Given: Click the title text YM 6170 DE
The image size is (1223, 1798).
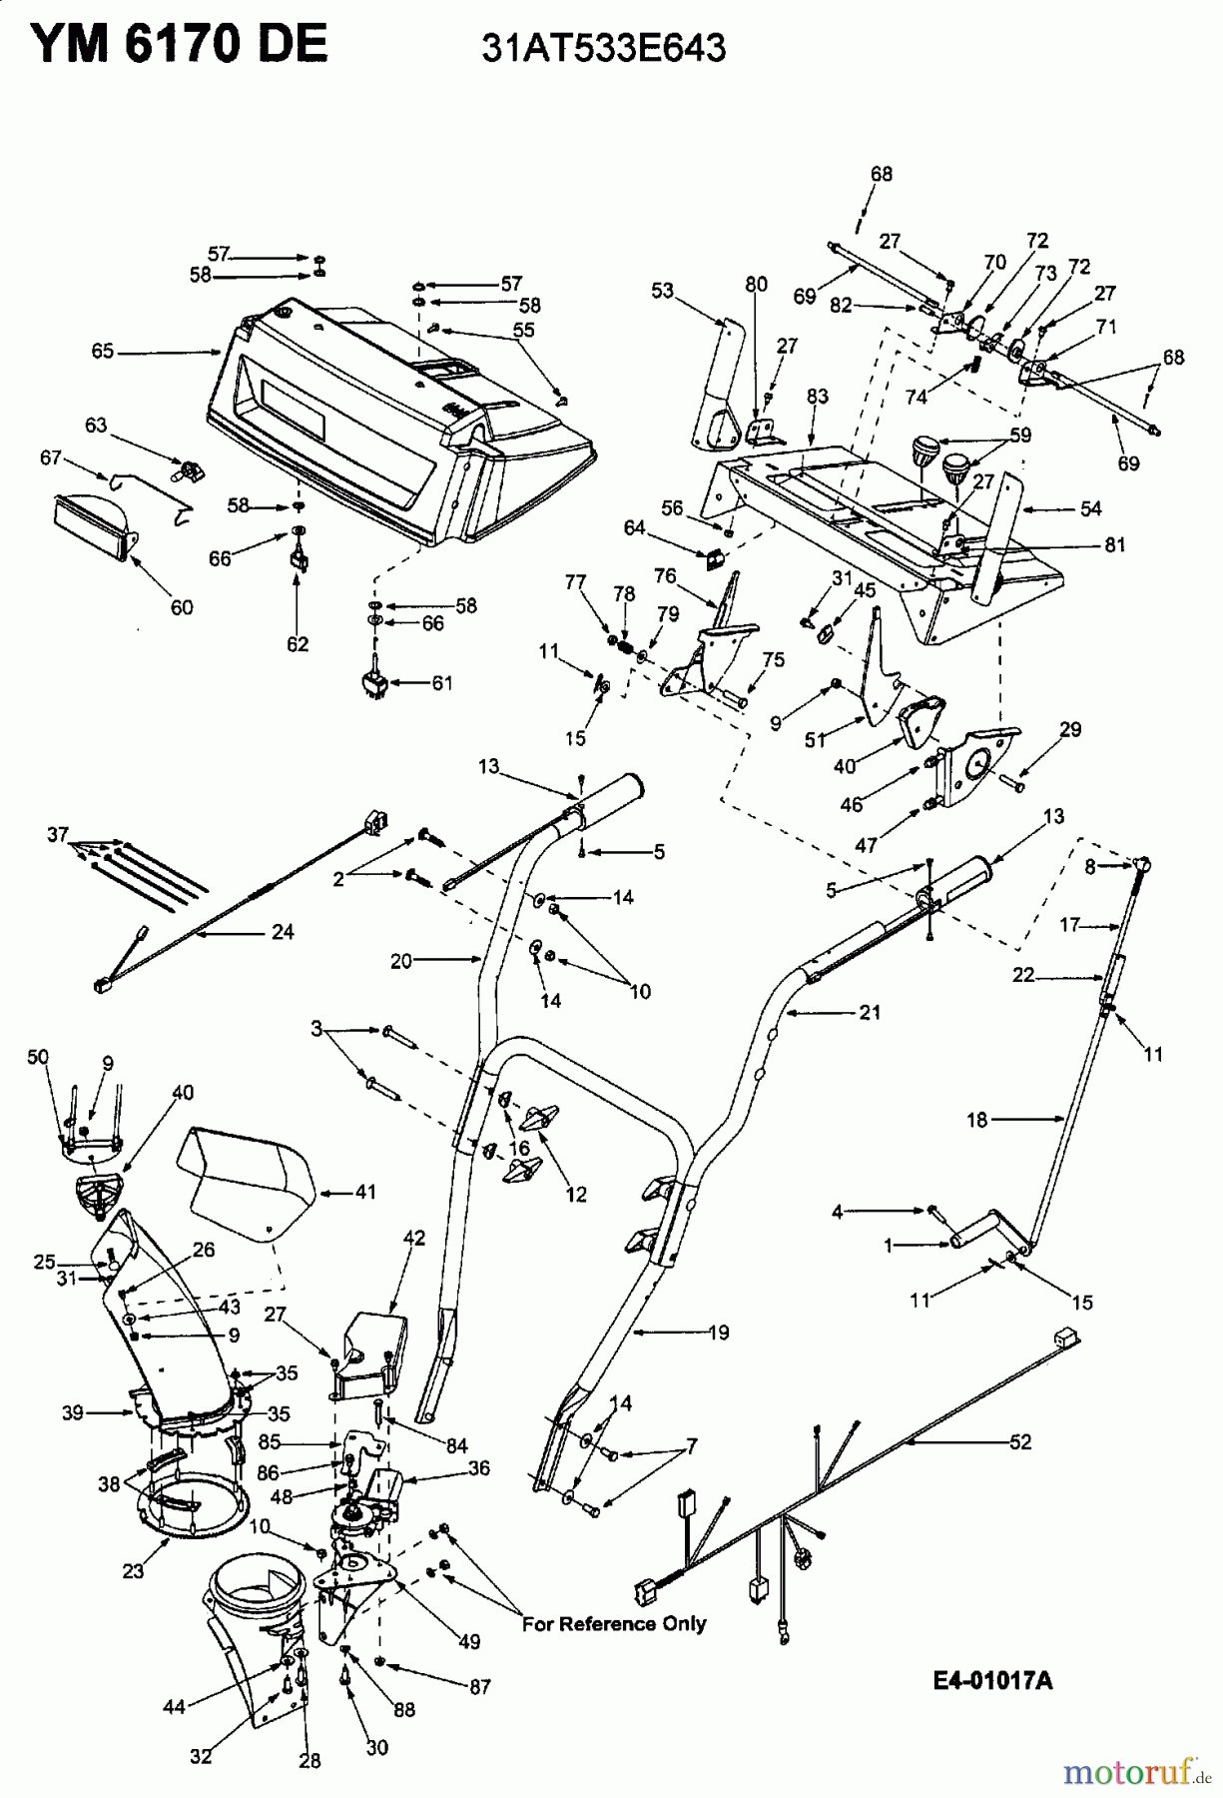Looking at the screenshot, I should click(179, 44).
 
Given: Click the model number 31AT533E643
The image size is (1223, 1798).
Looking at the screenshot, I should click(603, 47).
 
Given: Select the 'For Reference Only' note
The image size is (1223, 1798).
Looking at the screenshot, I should click(614, 1623).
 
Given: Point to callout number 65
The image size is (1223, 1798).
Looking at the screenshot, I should click(103, 352).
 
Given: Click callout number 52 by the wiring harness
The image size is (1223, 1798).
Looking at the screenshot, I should click(1020, 1441).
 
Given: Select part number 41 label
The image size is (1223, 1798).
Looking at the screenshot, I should click(365, 1192).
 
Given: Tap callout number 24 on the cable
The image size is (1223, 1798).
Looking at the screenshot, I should click(284, 931).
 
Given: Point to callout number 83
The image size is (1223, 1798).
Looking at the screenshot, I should click(818, 397).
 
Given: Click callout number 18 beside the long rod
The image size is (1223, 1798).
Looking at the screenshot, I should click(976, 1120).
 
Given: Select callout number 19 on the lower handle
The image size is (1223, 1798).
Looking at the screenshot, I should click(717, 1332).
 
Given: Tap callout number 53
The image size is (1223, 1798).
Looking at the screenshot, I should click(663, 291).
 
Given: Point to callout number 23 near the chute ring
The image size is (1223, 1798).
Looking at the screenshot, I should click(133, 1570).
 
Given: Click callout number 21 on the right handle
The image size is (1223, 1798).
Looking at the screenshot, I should click(870, 1012).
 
